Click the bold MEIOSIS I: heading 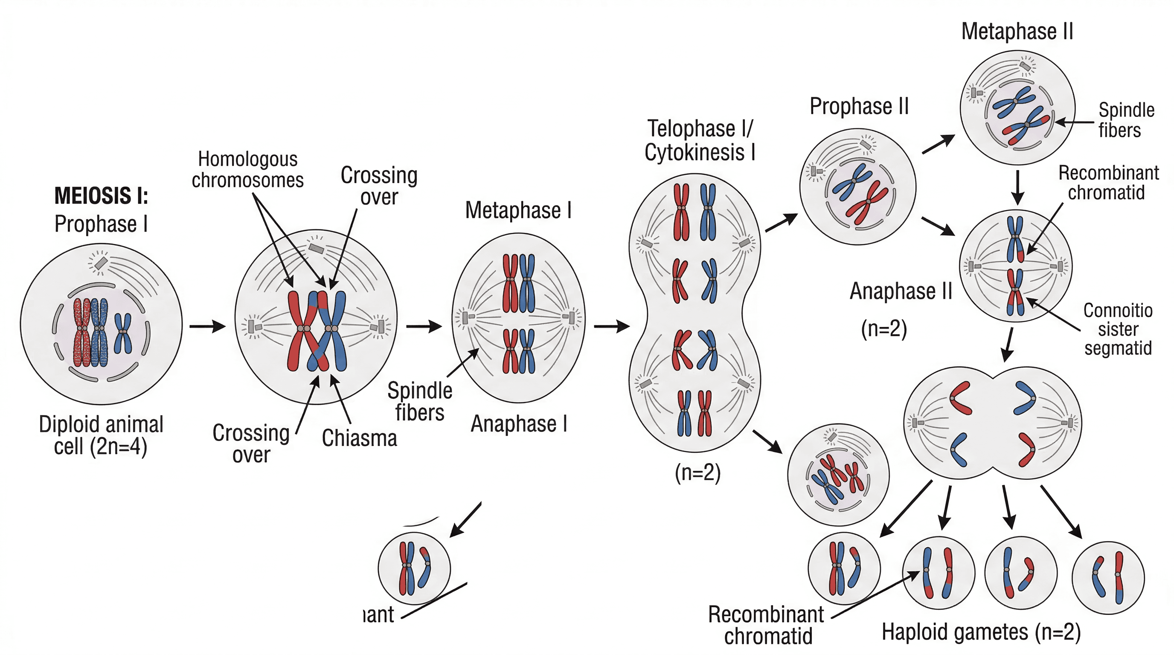101,196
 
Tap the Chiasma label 359,438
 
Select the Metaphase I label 518,210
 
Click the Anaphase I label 519,424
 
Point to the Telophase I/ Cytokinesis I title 700,140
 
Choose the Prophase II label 859,107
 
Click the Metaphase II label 1017,32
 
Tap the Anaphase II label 901,291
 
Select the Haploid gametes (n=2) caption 981,632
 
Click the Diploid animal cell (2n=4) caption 101,435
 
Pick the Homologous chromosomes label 247,170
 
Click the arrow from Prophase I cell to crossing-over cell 208,326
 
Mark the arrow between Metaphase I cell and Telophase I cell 612,326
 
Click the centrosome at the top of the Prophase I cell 100,263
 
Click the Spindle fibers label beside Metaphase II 1126,120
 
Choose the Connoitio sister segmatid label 1118,329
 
